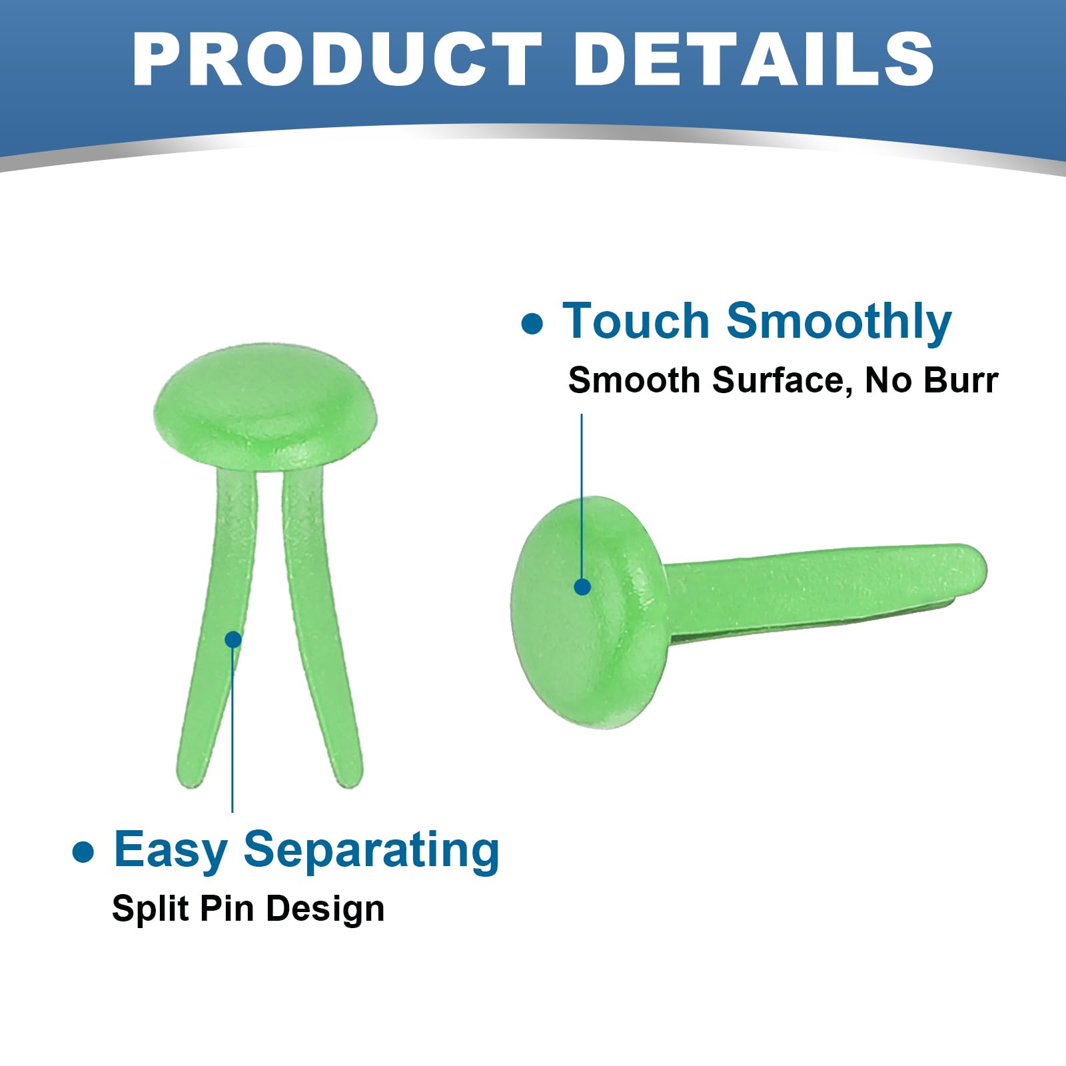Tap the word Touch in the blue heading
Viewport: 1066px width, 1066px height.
tap(637, 321)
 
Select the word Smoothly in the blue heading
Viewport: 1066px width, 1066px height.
tap(839, 322)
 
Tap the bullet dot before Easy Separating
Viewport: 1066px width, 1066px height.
tap(83, 852)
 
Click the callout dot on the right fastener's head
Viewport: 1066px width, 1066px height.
tap(582, 586)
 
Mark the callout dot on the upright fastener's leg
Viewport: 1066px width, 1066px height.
tap(233, 640)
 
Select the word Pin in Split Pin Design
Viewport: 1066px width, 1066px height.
tap(218, 909)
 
